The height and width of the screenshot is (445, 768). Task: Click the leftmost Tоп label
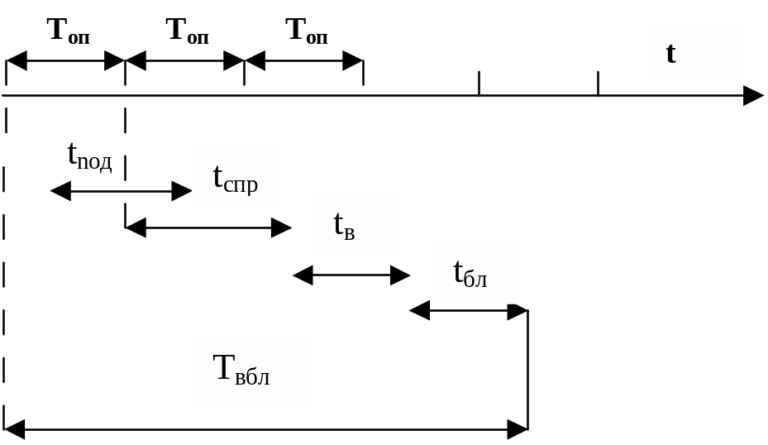[68, 31]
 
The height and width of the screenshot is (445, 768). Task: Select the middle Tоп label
[187, 31]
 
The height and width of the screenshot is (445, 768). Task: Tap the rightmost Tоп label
[307, 31]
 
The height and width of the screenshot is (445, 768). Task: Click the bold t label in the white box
[693, 53]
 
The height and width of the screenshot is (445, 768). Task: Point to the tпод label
[89, 156]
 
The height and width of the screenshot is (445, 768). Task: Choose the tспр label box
[236, 175]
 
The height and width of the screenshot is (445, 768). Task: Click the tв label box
[357, 223]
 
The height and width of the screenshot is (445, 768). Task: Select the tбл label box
[476, 270]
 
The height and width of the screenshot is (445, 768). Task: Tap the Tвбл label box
[252, 370]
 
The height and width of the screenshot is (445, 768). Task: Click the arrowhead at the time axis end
[754, 96]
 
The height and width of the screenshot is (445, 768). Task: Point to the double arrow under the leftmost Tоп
[65, 60]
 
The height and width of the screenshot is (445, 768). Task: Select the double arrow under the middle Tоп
[184, 60]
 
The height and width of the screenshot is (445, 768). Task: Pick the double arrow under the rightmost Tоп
[304, 60]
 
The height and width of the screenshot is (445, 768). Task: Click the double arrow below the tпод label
[121, 192]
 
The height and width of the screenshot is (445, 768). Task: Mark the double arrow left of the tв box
[208, 227]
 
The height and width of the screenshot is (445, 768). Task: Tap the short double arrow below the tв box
[351, 275]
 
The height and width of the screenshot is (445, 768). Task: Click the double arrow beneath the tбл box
[469, 311]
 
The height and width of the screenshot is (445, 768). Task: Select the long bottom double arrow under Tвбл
[266, 429]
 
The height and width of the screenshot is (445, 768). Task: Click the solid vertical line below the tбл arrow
[527, 372]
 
